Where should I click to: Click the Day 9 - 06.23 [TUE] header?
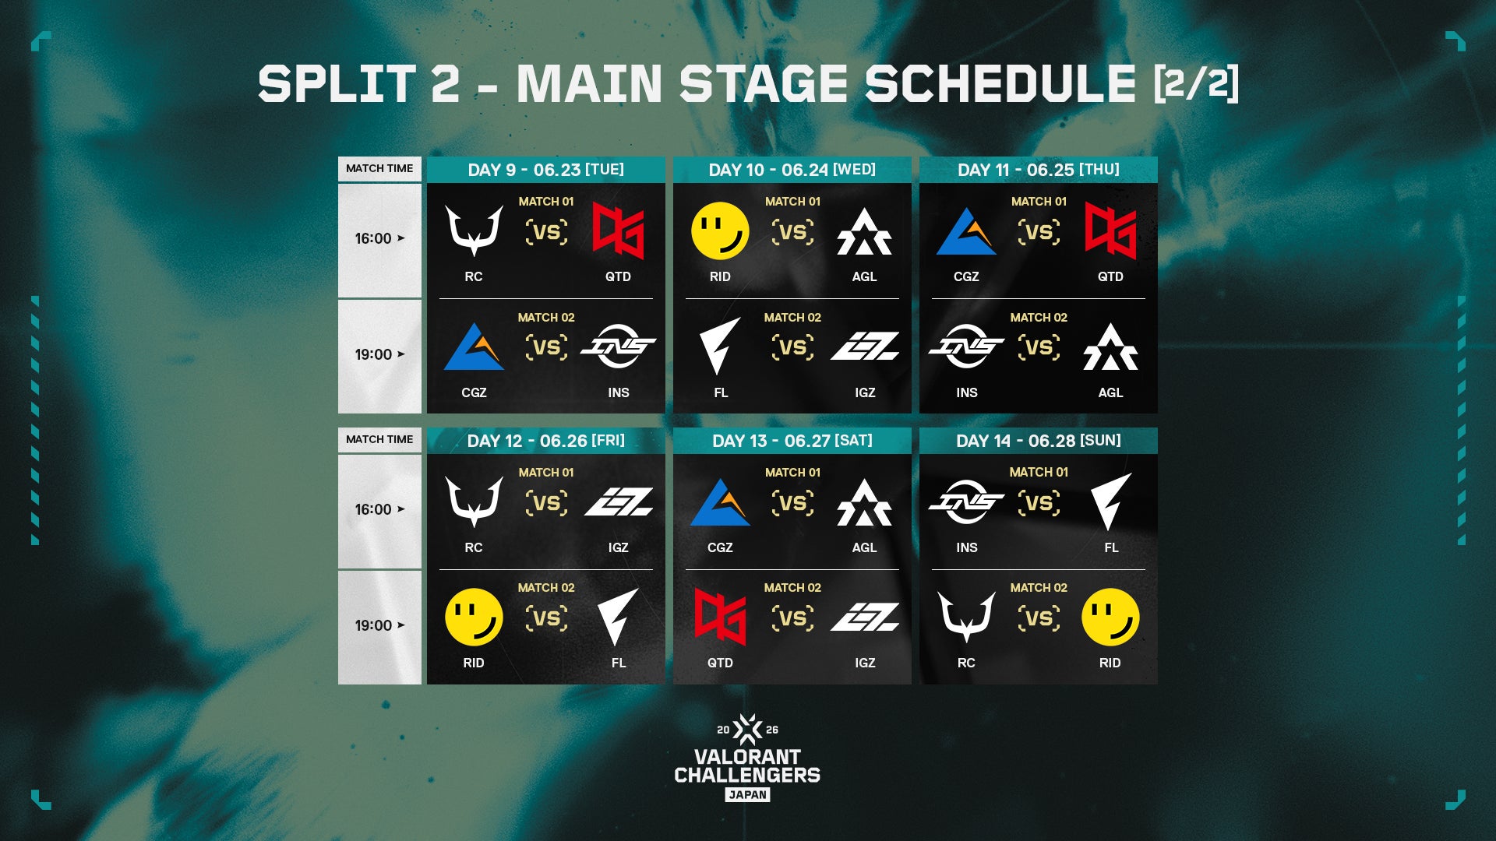click(x=545, y=170)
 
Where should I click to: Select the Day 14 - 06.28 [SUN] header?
click(x=1039, y=441)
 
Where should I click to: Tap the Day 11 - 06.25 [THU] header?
click(x=1039, y=170)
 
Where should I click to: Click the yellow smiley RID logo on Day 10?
click(x=720, y=230)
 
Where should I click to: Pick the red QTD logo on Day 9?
click(x=618, y=230)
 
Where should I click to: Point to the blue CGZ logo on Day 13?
click(x=720, y=502)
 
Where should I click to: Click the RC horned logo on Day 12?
click(x=474, y=502)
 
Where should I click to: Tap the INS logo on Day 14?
click(x=966, y=502)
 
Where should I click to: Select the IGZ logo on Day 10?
click(x=865, y=347)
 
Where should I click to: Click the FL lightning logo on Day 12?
click(x=618, y=617)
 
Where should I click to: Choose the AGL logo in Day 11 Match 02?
click(x=1110, y=347)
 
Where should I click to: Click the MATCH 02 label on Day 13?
click(x=792, y=588)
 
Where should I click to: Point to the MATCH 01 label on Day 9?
click(x=546, y=202)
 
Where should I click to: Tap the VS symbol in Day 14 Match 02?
click(x=1039, y=618)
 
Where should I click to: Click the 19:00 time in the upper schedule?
click(x=373, y=354)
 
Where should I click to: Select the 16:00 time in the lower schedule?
click(x=373, y=509)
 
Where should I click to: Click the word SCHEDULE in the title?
click(x=1000, y=83)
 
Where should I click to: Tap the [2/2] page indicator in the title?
click(x=1196, y=83)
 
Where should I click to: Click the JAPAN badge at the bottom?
click(x=747, y=795)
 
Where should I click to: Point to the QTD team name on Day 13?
click(x=720, y=663)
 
